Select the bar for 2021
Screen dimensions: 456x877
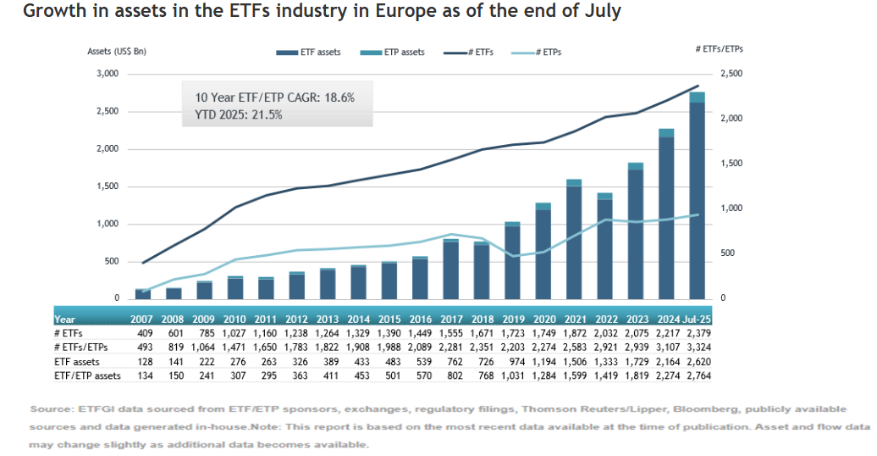point(573,242)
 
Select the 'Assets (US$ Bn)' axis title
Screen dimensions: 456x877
point(118,52)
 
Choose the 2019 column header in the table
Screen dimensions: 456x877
point(512,320)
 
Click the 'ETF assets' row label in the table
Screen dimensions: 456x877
point(75,361)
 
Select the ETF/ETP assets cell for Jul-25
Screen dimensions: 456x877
point(698,375)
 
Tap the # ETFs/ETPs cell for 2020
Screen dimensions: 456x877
point(543,348)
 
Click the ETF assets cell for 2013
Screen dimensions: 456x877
point(327,361)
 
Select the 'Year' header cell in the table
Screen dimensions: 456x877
point(65,320)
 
